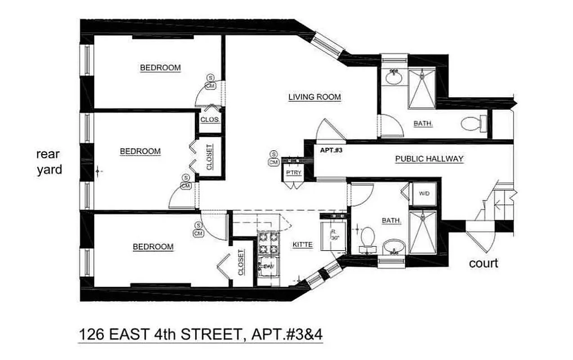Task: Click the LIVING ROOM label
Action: click(314, 97)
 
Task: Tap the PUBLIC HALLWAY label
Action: click(429, 159)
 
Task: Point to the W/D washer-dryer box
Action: click(424, 194)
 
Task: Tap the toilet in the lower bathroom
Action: click(368, 237)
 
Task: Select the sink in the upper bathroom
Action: click(394, 77)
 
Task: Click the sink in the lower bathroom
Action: click(394, 248)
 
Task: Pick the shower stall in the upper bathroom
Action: click(422, 88)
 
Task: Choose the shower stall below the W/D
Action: click(422, 231)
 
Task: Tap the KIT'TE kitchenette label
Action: click(302, 245)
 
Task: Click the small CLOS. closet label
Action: click(210, 120)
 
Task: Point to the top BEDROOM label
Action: click(160, 68)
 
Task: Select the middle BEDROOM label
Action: click(140, 152)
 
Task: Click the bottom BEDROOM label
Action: click(153, 247)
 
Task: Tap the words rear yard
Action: click(49, 162)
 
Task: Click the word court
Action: click(483, 263)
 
